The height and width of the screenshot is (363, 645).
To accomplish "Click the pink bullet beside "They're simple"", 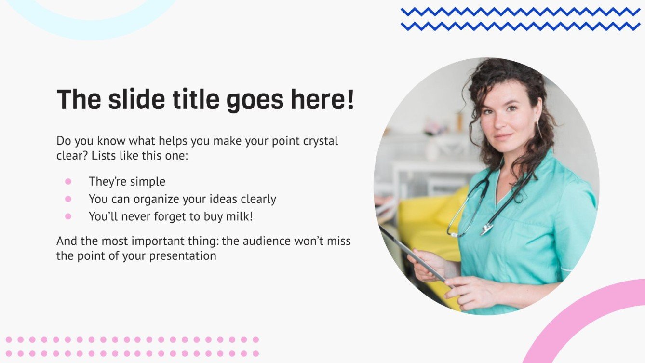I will [x=68, y=181].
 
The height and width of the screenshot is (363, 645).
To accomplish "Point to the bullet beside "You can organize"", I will [x=68, y=199].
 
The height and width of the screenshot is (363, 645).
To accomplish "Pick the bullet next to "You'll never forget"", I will [x=68, y=216].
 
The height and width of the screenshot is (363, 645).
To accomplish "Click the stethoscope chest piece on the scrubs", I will [x=486, y=229].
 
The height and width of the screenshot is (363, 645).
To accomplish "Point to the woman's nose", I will [x=502, y=124].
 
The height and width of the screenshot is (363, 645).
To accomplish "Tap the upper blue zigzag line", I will [x=521, y=12].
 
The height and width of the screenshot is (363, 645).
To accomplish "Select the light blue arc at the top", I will [x=92, y=29].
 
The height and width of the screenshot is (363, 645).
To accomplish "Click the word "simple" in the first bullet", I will [x=147, y=181].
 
